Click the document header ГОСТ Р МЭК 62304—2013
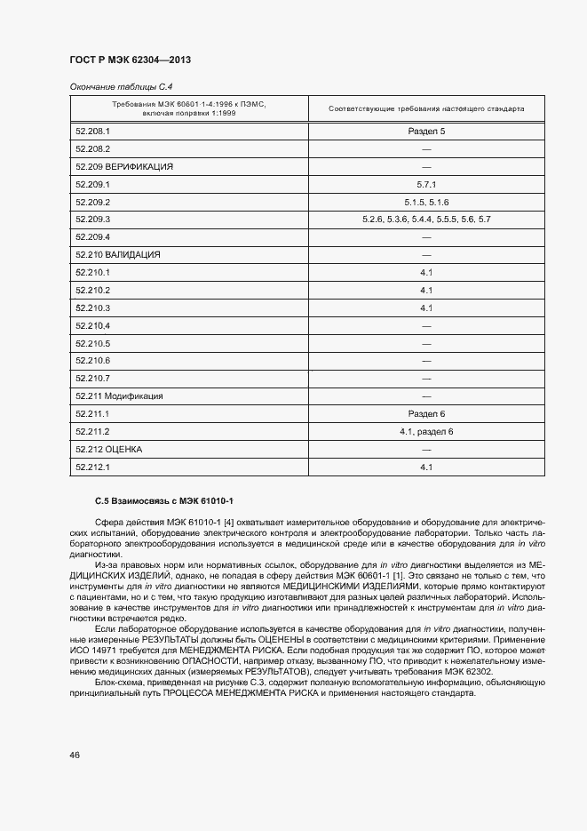pyautogui.click(x=130, y=60)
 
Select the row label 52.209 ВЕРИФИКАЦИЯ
pyautogui.click(x=124, y=166)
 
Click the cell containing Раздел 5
pyautogui.click(x=425, y=132)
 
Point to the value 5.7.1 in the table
pyautogui.click(x=425, y=184)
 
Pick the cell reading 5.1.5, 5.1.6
pyautogui.click(x=425, y=202)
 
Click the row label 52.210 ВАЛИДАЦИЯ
pyautogui.click(x=118, y=255)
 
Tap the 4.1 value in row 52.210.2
pyautogui.click(x=425, y=291)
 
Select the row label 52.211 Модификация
pyautogui.click(x=120, y=396)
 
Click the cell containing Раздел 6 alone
pyautogui.click(x=425, y=414)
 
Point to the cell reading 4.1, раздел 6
pyautogui.click(x=425, y=432)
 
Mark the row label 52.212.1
pyautogui.click(x=92, y=467)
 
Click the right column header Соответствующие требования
pyautogui.click(x=425, y=109)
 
